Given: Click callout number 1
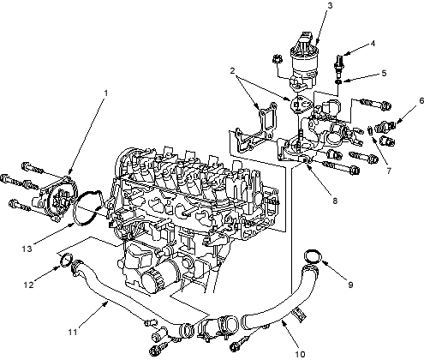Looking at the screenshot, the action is point(106,93).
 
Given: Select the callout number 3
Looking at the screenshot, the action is point(330,6).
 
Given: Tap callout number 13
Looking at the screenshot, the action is point(27,249).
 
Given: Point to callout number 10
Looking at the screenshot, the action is point(300,354).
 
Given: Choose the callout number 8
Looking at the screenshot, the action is point(335,201).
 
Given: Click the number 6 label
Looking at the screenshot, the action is point(421,100).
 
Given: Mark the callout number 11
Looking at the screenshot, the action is point(73,332).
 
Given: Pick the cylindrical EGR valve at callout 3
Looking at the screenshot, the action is point(302,62).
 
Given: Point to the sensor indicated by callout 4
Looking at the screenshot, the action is point(339,65).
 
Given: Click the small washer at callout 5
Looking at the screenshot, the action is point(338,81).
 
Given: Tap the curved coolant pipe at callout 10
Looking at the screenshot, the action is point(285,309).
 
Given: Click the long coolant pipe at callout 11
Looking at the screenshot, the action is point(120,297).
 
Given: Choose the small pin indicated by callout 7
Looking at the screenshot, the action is point(369,129).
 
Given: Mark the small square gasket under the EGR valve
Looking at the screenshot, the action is point(298,105).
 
